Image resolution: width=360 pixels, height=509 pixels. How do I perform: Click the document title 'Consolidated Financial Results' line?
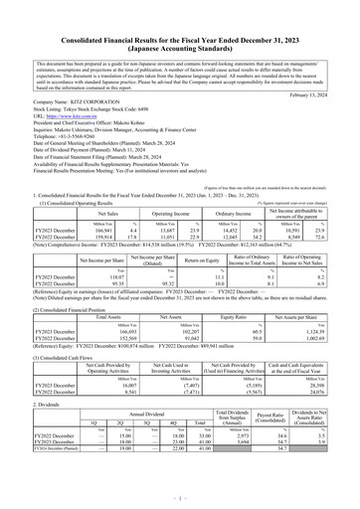180,11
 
